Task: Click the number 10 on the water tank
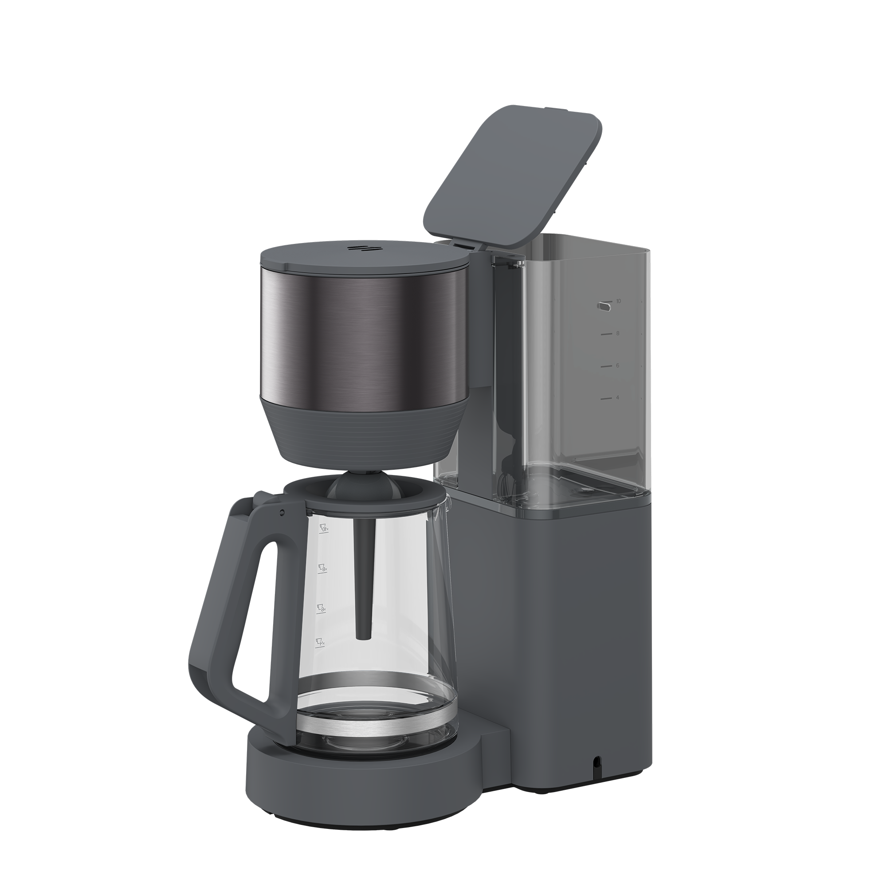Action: tap(618, 301)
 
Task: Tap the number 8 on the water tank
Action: tap(617, 334)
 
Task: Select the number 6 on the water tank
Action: tap(617, 365)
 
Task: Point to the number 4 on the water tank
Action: tap(617, 397)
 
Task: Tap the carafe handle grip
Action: tap(220, 611)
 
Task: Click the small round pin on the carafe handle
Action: tap(282, 512)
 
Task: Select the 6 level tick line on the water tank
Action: tap(606, 366)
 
